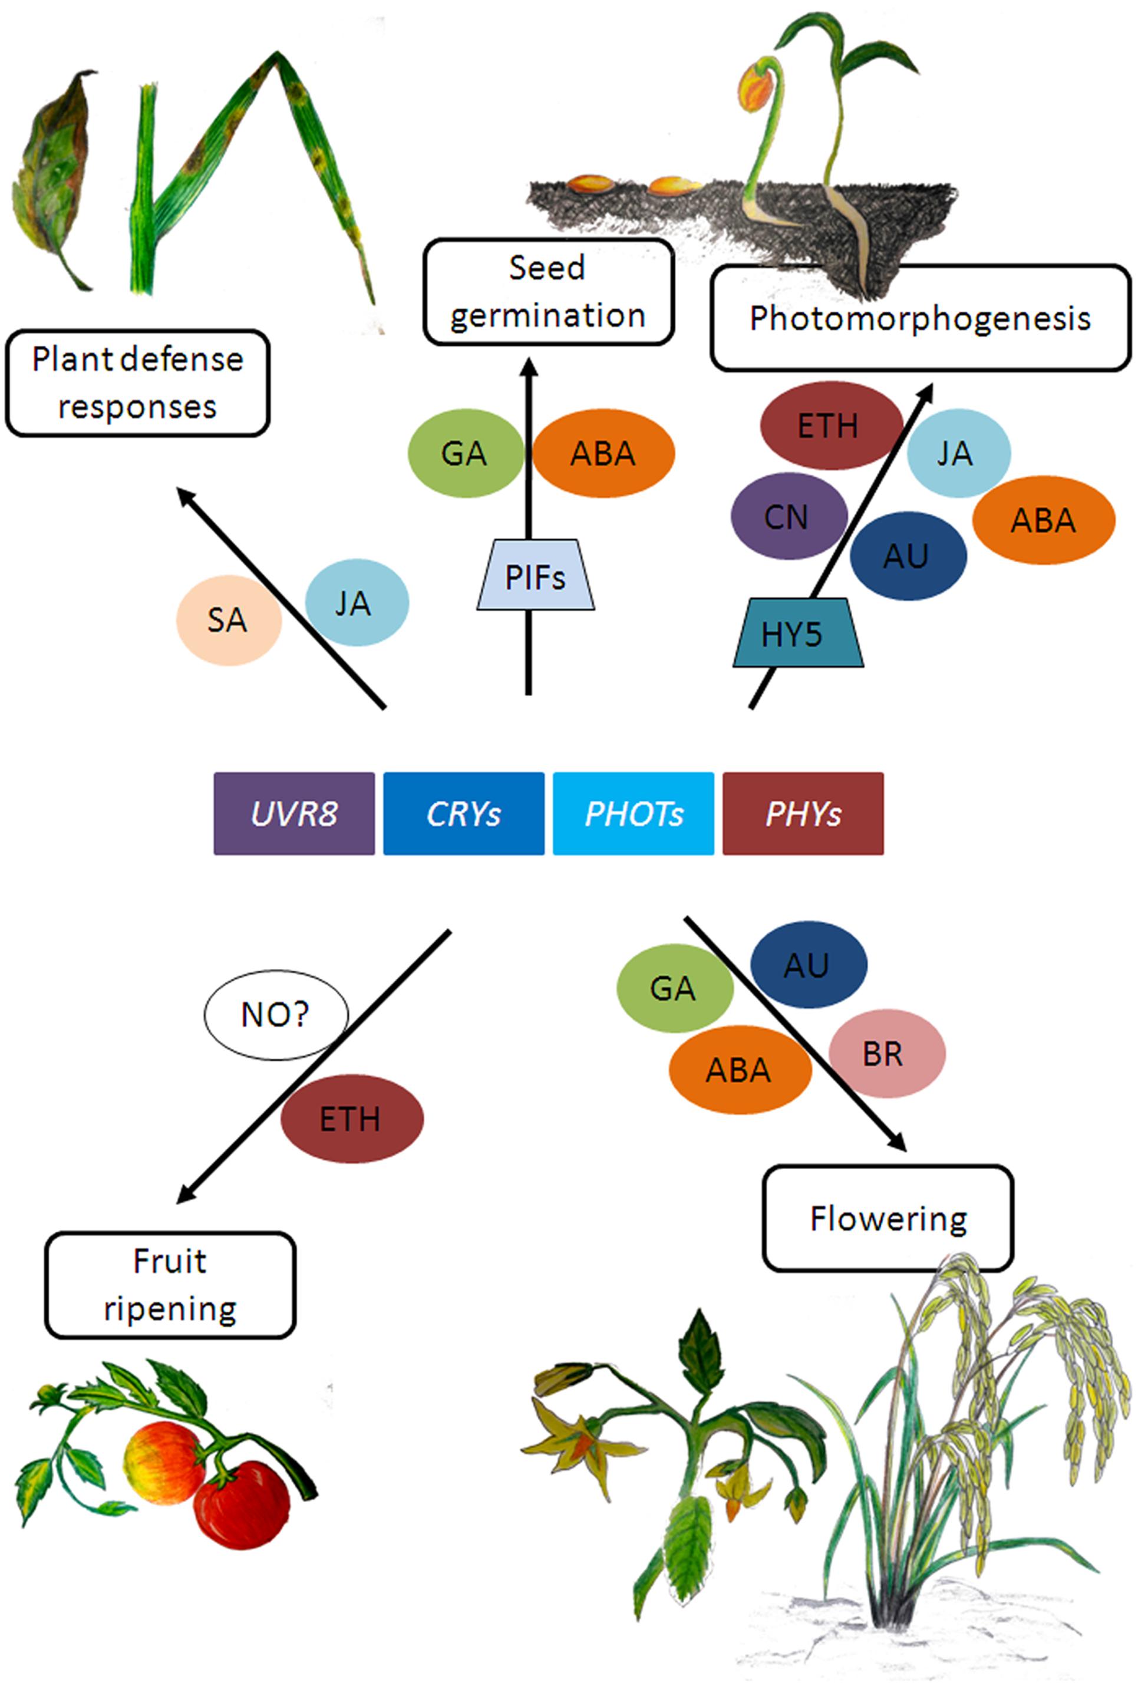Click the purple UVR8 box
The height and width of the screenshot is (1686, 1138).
293,813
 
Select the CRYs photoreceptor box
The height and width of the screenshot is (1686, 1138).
463,813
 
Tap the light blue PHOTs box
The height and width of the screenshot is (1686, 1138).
633,813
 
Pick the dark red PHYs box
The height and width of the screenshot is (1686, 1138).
803,813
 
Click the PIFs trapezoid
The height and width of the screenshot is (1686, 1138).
535,576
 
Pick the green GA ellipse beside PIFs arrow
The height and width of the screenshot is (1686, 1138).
465,453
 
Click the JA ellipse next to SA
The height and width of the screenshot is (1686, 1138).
356,603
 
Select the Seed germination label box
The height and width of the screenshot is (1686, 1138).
548,292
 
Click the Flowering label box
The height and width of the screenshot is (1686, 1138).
887,1219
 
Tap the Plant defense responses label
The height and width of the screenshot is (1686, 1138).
137,383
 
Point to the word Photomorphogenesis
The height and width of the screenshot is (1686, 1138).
920,318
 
